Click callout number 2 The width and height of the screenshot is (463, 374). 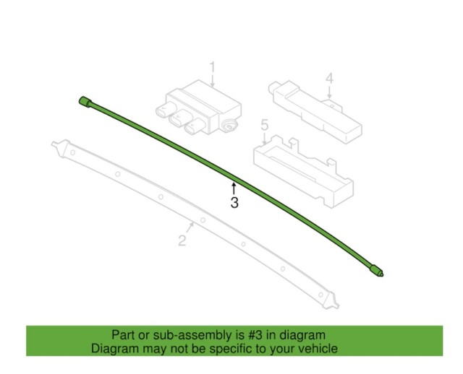(183, 240)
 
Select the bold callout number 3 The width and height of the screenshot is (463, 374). (234, 203)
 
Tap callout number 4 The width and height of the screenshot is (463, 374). (328, 78)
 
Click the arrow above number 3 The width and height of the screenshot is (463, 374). (234, 188)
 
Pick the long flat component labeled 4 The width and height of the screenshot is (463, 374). (315, 109)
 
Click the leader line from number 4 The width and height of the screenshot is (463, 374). (328, 92)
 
